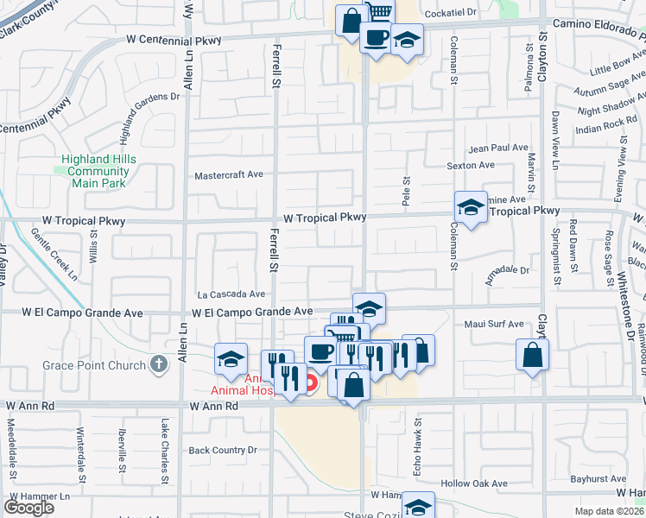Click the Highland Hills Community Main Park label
(98, 171)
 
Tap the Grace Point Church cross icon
(158, 364)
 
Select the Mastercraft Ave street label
(228, 174)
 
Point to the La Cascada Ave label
(231, 294)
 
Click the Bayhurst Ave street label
(598, 478)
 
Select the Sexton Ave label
(470, 165)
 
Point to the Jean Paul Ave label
(497, 148)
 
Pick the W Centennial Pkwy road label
(174, 39)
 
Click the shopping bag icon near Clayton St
(533, 354)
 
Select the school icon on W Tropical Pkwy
(471, 208)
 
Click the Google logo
(28, 507)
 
